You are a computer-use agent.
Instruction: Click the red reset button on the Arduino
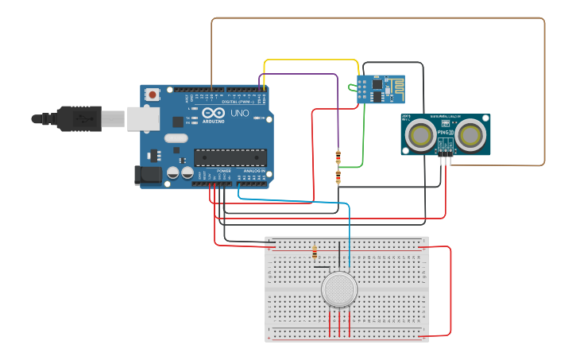(x=152, y=95)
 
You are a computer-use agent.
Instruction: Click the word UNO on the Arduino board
(x=239, y=114)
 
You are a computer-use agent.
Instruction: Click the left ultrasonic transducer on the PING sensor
(x=419, y=136)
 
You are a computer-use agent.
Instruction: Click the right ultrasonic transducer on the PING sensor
(x=471, y=136)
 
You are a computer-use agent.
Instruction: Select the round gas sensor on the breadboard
(x=339, y=289)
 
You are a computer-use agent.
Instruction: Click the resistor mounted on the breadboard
(x=315, y=253)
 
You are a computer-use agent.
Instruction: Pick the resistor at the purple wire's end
(x=338, y=157)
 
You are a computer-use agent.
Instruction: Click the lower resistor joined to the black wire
(x=338, y=176)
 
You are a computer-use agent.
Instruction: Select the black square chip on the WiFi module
(x=377, y=83)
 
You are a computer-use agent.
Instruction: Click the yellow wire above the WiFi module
(x=310, y=60)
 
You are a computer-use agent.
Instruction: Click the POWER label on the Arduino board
(x=223, y=170)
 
